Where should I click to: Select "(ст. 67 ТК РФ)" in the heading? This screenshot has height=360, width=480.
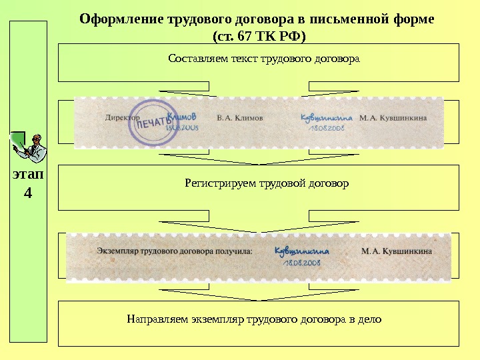tap(256, 35)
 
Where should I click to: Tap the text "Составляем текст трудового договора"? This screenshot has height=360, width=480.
tap(264, 59)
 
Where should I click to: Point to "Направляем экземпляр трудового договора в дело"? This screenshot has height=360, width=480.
tap(254, 319)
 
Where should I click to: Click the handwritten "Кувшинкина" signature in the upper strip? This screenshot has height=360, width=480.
tap(326, 117)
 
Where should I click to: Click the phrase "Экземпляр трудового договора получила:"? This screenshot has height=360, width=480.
tap(175, 251)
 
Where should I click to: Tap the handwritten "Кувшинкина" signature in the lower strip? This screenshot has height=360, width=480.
tap(302, 251)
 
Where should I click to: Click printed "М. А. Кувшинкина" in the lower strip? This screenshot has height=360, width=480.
tap(396, 251)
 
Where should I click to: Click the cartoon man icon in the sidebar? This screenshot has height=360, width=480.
tap(27, 146)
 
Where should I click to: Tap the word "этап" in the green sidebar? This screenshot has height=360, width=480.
tap(27, 176)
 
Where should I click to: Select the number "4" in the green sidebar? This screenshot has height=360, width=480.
tap(27, 193)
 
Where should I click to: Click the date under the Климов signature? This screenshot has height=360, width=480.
tap(181, 126)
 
